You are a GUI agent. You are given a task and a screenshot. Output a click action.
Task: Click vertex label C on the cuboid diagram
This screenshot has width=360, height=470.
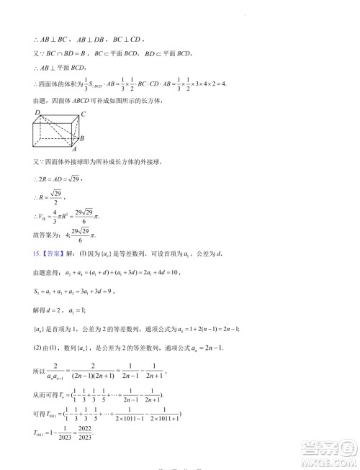coord(84,114)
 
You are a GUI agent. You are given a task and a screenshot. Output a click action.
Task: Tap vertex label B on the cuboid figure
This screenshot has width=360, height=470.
coord(84,137)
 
